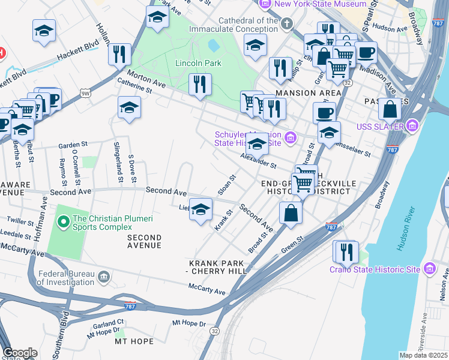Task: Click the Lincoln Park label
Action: (x=198, y=63)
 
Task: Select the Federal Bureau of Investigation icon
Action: (x=104, y=277)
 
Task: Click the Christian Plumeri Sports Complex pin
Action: (x=64, y=222)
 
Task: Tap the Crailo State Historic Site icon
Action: (x=430, y=269)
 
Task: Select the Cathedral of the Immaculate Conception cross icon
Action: (x=288, y=24)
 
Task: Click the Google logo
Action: (x=20, y=353)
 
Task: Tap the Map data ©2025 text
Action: (x=423, y=355)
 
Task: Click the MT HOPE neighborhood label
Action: (x=134, y=341)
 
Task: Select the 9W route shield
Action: (x=86, y=93)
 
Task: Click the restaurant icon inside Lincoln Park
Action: (x=200, y=84)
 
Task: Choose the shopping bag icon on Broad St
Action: (x=291, y=213)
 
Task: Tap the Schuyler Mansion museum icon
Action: (x=291, y=139)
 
